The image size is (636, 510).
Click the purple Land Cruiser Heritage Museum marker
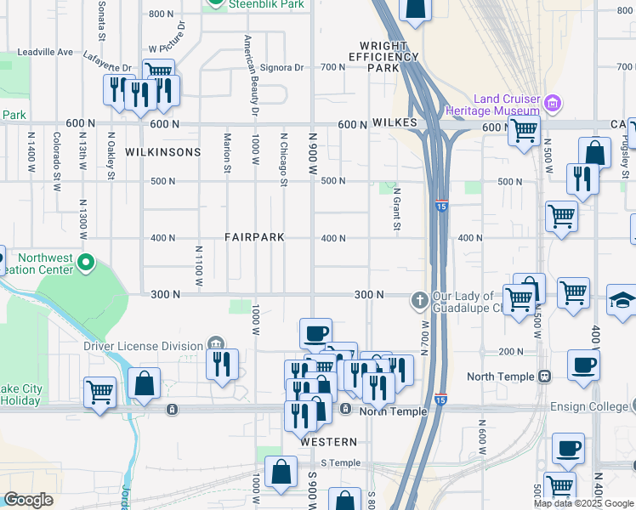tap(554, 103)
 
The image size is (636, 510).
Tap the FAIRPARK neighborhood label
tap(254, 237)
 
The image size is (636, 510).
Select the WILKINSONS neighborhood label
tap(162, 152)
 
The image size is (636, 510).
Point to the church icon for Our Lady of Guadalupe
tap(419, 300)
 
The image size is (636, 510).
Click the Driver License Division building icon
tap(216, 345)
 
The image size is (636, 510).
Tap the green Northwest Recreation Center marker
tap(85, 263)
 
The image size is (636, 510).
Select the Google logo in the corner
tap(28, 500)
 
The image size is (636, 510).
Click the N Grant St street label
tap(396, 208)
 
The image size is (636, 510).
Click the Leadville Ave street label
tap(42, 52)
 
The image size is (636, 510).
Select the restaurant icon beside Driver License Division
tap(222, 364)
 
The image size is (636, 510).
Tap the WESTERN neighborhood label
tap(328, 442)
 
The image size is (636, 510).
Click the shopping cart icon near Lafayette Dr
tap(158, 72)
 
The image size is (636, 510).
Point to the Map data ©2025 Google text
tap(583, 503)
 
